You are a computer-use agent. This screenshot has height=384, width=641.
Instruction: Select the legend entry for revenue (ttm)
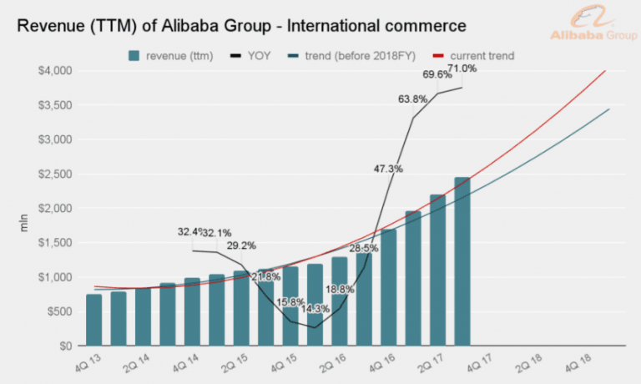point(170,56)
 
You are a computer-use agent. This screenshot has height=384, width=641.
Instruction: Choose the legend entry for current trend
point(474,56)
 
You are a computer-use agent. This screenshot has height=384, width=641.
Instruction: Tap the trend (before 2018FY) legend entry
point(348,56)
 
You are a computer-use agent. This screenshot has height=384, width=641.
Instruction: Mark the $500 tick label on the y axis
point(58,311)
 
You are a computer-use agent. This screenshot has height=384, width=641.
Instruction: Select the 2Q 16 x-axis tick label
point(330,362)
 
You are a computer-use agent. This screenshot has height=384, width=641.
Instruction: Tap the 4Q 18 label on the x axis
point(576,362)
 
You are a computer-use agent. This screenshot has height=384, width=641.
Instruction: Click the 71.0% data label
point(462,68)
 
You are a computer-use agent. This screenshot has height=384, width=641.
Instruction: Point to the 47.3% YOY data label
point(388,169)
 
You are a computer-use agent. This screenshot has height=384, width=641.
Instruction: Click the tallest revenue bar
point(462,261)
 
